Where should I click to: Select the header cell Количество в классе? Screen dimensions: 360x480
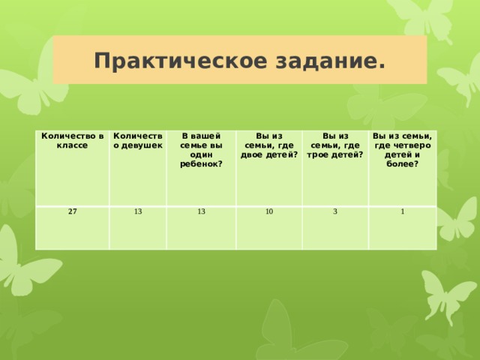(x=72, y=139)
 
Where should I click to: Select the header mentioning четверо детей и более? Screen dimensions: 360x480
(x=402, y=148)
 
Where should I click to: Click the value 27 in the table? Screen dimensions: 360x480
(x=72, y=211)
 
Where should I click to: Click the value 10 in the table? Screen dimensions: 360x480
(x=268, y=211)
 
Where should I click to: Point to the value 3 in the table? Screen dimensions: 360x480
(x=334, y=211)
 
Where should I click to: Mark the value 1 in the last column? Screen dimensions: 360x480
(x=402, y=211)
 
